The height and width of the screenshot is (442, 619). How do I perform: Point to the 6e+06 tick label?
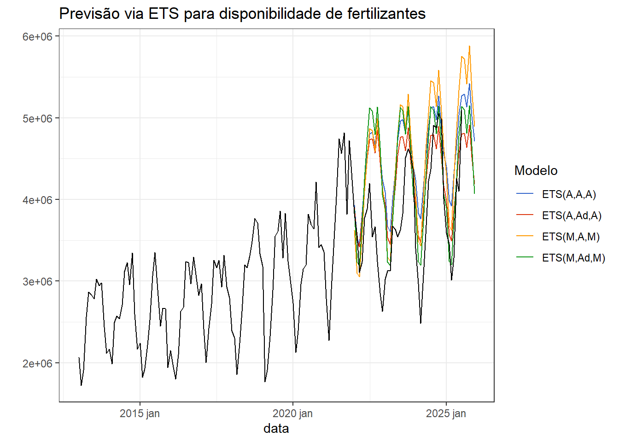38,37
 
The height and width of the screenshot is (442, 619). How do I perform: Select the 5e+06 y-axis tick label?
38,118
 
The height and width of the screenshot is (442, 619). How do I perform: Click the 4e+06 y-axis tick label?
38,200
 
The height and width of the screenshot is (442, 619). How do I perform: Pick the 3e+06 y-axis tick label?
38,281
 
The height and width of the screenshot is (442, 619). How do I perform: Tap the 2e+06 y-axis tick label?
38,363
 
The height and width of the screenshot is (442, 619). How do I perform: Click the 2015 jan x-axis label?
140,413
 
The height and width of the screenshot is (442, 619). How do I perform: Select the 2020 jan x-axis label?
292,413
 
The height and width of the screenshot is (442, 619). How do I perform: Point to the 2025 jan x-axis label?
446,413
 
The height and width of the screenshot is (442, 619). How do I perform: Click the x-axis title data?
276,429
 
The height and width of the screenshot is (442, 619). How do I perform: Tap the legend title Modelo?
536,171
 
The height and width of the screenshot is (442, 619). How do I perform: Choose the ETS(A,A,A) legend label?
569,194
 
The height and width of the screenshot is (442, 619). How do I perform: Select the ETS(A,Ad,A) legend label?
572,215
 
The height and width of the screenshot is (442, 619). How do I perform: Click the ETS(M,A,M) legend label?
571,237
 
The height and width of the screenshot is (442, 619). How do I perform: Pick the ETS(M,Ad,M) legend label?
573,258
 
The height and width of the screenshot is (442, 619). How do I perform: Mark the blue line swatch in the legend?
525,194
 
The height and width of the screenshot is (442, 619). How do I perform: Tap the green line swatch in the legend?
525,258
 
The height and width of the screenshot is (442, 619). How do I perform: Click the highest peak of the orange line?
469,46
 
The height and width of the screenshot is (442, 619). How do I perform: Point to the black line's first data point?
79,357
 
